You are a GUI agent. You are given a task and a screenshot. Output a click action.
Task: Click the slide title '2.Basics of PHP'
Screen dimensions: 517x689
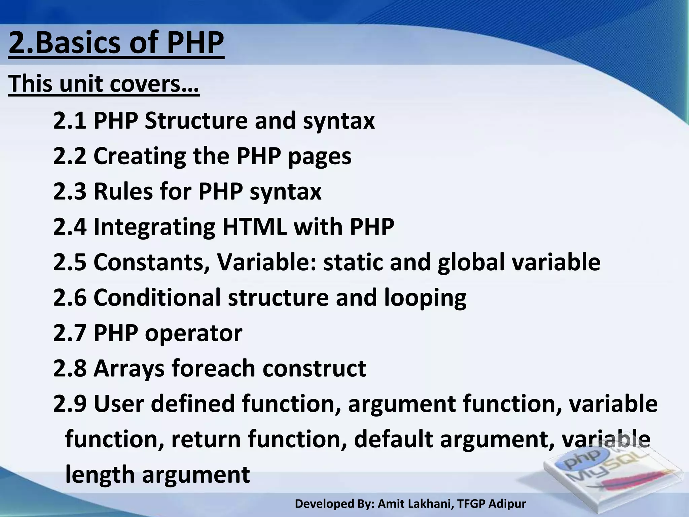pos(116,43)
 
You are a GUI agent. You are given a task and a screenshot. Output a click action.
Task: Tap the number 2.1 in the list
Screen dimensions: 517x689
pos(70,120)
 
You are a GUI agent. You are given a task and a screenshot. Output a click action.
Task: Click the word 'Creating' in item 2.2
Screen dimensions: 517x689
pos(140,156)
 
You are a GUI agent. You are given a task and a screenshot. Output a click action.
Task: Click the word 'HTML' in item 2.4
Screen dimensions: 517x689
pos(254,227)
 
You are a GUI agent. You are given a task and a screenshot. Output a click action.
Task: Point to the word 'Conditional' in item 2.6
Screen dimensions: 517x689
pos(157,298)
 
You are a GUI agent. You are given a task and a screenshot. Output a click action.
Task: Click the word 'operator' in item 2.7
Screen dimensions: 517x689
pos(193,333)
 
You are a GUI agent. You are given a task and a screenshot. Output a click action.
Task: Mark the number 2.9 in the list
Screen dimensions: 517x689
pos(70,404)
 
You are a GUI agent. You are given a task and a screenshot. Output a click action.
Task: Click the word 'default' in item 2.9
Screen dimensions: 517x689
pos(393,439)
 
